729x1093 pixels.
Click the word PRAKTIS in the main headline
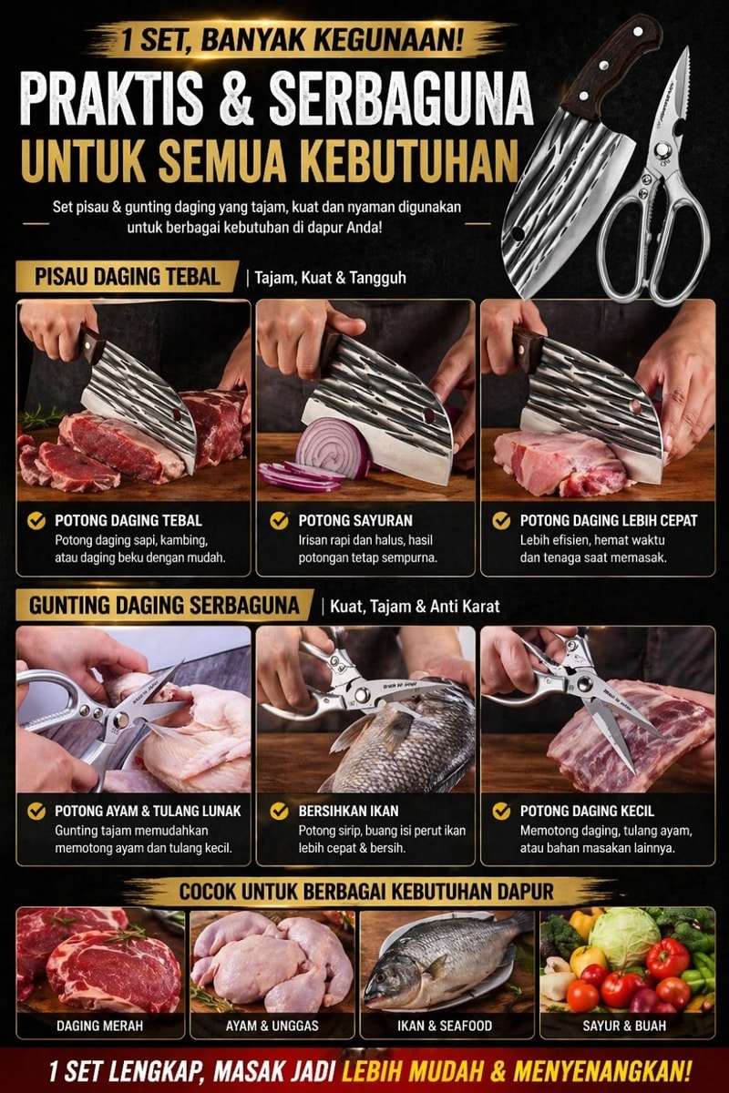112,98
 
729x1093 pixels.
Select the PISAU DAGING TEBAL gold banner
128,277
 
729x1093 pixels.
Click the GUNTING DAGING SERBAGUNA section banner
164,605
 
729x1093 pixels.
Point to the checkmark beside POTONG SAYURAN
279,520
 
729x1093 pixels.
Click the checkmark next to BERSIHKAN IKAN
279,811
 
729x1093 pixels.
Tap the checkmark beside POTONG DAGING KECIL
501,811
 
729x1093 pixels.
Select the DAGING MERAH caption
100,1026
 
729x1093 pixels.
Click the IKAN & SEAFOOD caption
445,1026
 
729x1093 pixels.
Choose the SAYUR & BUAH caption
624,1026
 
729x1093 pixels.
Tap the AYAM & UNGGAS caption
272,1026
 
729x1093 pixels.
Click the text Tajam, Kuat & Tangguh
331,278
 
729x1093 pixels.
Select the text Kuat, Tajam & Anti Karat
415,607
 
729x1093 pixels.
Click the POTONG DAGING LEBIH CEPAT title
609,520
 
